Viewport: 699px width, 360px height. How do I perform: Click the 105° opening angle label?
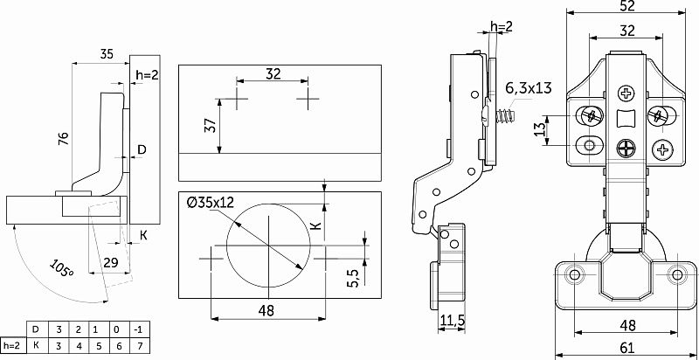(x=61, y=268)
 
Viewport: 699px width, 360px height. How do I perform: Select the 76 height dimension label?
(x=64, y=139)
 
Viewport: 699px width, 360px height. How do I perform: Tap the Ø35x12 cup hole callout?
(x=211, y=203)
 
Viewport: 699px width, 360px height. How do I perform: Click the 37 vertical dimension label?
(x=211, y=126)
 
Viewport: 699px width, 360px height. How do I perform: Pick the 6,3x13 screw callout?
(x=529, y=87)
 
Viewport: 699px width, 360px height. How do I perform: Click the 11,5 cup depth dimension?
(x=453, y=320)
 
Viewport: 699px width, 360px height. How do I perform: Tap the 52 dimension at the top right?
(x=626, y=6)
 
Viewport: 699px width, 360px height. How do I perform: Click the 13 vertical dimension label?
(x=540, y=130)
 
